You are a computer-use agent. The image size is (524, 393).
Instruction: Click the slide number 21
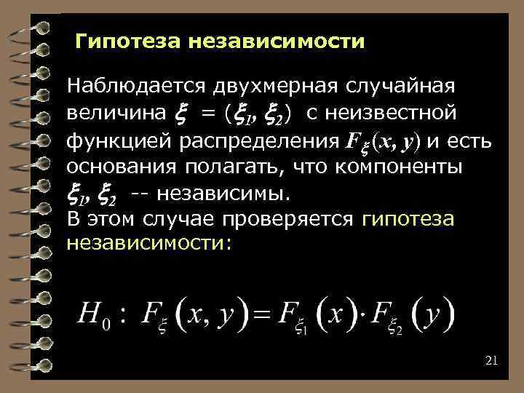click(490, 361)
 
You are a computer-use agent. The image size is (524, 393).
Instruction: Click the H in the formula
click(90, 314)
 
